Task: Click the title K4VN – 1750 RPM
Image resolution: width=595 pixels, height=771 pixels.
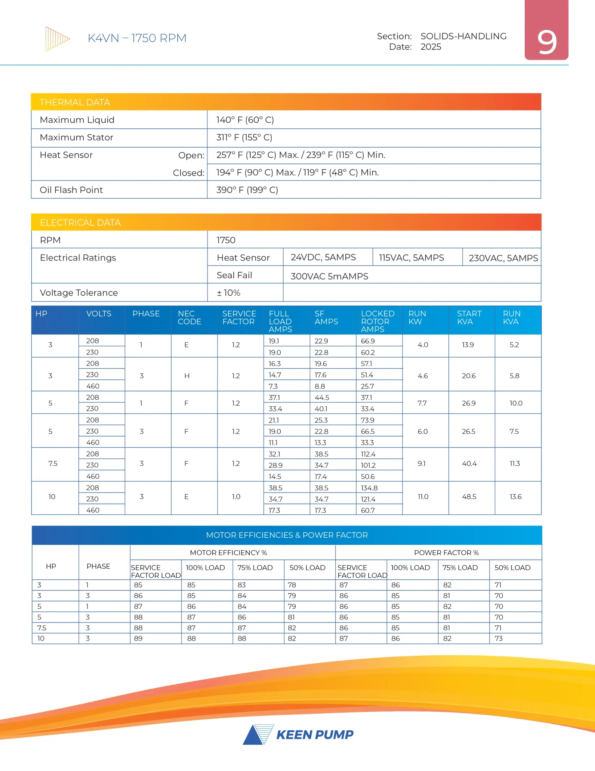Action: pyautogui.click(x=137, y=38)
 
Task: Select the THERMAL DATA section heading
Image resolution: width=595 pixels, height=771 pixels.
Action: pyautogui.click(x=75, y=102)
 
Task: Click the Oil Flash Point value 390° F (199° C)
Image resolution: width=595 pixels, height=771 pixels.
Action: pyautogui.click(x=247, y=190)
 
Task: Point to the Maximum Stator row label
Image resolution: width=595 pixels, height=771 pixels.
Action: pyautogui.click(x=76, y=137)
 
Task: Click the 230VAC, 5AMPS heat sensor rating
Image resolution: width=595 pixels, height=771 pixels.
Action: pyautogui.click(x=503, y=258)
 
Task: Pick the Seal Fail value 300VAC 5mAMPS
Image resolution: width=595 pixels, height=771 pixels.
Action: pyautogui.click(x=329, y=276)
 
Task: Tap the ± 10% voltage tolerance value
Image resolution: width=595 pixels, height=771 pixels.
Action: pyautogui.click(x=228, y=293)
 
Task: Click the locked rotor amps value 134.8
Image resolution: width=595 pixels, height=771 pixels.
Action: pyautogui.click(x=369, y=488)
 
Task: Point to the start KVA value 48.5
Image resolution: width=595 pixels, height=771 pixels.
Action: pyautogui.click(x=469, y=497)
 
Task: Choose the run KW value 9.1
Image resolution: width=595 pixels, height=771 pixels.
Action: pyautogui.click(x=421, y=464)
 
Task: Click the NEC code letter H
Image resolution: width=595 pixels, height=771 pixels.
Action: pyautogui.click(x=187, y=376)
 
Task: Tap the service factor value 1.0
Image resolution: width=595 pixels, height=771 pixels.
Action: pyautogui.click(x=236, y=497)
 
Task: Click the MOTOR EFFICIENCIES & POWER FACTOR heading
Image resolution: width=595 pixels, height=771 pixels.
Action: pyautogui.click(x=286, y=535)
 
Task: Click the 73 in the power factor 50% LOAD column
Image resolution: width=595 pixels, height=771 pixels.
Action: pyautogui.click(x=498, y=638)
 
